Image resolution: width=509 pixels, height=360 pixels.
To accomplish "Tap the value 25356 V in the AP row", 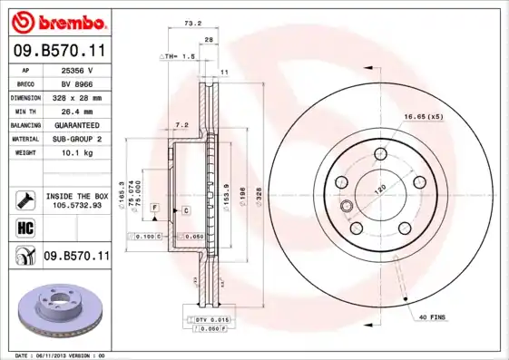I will pyautogui.click(x=76, y=69).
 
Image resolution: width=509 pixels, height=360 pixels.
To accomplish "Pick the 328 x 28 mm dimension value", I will pyautogui.click(x=76, y=97).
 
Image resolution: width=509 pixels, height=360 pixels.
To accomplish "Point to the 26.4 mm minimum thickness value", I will pyautogui.click(x=76, y=111).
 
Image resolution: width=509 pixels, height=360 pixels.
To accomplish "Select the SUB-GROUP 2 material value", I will pyautogui.click(x=76, y=139).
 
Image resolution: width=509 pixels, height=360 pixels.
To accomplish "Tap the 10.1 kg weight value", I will pyautogui.click(x=76, y=152).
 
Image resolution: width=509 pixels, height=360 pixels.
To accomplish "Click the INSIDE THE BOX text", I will pyautogui.click(x=76, y=195).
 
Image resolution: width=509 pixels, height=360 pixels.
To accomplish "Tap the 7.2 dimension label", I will pyautogui.click(x=181, y=124).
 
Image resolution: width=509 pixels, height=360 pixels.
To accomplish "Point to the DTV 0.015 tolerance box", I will pyautogui.click(x=212, y=320).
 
